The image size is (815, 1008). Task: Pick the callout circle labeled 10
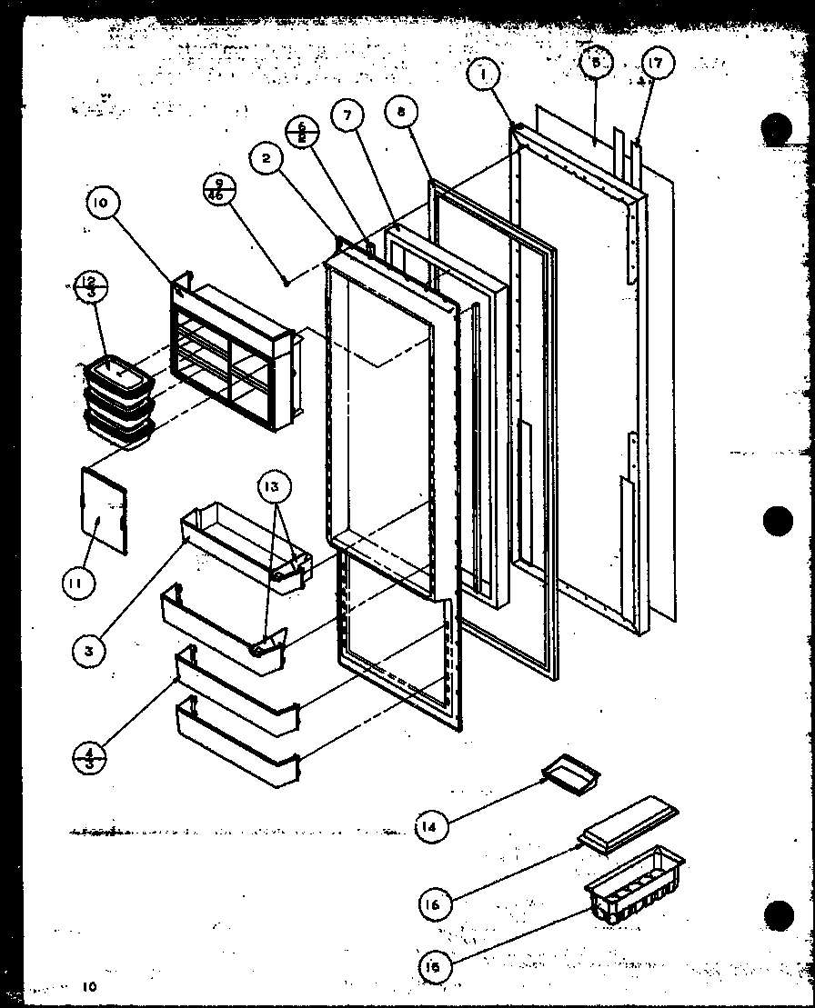point(101,205)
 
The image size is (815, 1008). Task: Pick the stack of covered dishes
point(116,404)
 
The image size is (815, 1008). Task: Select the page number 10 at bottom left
point(87,986)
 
